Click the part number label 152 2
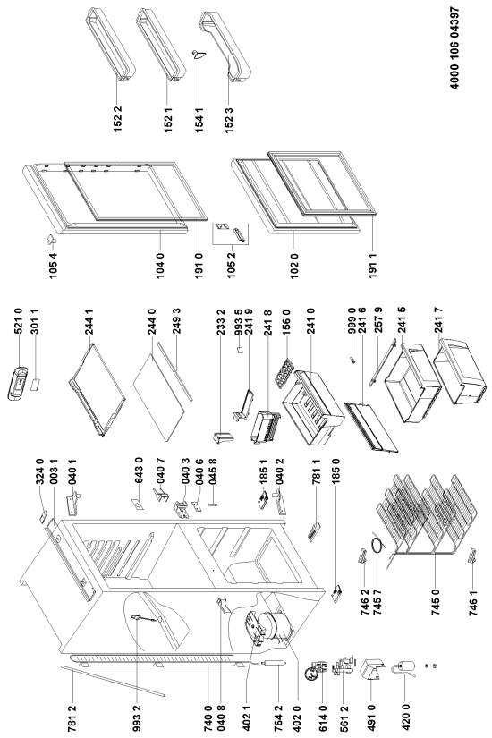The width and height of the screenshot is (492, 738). (118, 118)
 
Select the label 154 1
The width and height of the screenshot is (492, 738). (199, 119)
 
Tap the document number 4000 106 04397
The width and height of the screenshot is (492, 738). (454, 48)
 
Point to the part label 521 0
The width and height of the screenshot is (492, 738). (19, 321)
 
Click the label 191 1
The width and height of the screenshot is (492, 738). (373, 265)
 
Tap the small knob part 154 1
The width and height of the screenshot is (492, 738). (199, 55)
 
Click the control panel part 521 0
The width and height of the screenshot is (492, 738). (19, 383)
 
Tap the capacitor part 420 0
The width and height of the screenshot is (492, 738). (406, 668)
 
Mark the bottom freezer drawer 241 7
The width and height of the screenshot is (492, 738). (459, 370)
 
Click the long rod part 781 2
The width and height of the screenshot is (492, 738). (113, 680)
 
